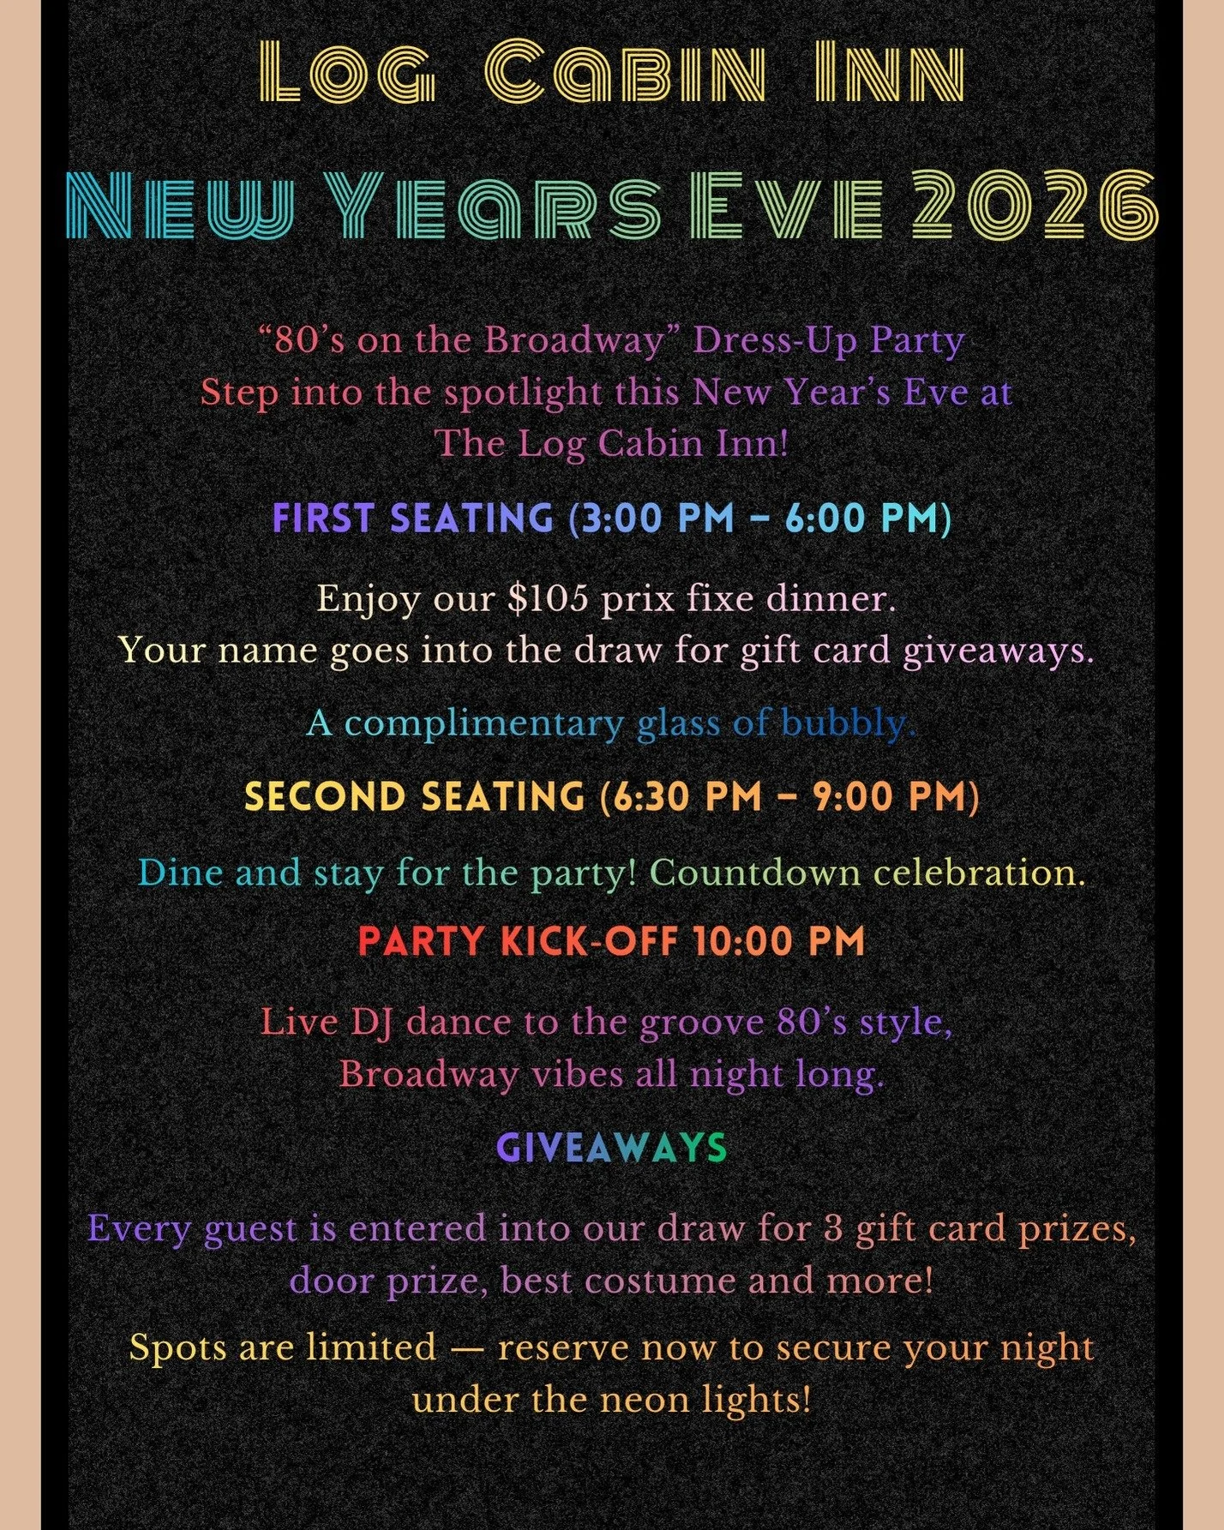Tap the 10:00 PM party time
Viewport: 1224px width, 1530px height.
pos(779,942)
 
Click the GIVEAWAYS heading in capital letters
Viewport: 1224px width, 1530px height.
pos(611,1148)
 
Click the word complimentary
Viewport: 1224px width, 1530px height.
pos(483,723)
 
